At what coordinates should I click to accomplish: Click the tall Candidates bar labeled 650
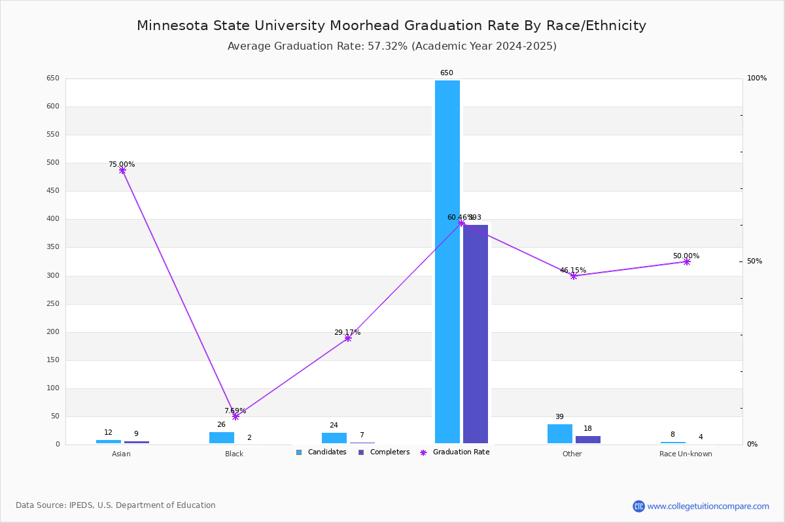point(447,261)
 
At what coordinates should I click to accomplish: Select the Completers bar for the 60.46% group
point(476,333)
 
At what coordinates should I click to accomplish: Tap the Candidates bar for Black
point(222,437)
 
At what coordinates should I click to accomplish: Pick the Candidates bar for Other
point(560,433)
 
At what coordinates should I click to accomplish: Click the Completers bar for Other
point(588,439)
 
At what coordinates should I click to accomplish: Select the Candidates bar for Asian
point(109,442)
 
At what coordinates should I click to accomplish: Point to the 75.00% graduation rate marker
point(122,171)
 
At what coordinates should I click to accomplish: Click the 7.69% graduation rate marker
point(235,416)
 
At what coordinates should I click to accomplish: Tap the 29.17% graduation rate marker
point(348,338)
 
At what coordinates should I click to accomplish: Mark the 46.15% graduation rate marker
point(574,276)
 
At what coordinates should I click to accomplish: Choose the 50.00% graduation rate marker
point(687,261)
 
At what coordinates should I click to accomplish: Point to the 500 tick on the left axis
point(52,163)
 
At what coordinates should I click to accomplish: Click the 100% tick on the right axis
point(757,78)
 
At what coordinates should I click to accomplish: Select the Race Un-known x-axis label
point(686,454)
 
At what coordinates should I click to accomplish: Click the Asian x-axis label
point(121,454)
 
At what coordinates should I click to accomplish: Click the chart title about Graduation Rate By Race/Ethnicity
point(391,25)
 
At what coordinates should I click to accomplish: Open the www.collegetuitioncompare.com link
point(708,506)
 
